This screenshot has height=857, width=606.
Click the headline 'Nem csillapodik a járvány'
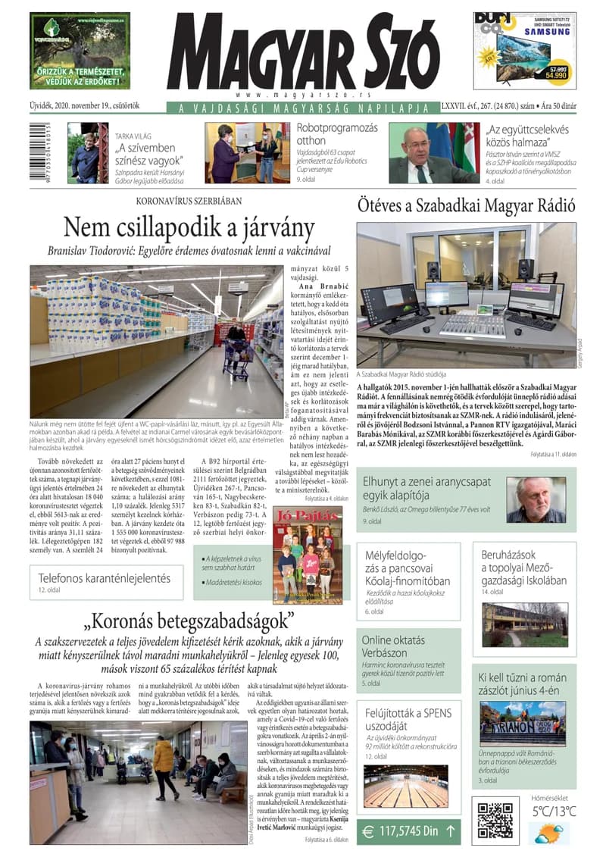click(x=188, y=227)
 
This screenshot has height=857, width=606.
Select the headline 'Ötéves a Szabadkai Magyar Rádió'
click(x=467, y=205)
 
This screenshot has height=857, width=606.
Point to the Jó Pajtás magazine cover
click(x=308, y=555)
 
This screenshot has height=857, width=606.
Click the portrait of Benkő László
click(x=536, y=500)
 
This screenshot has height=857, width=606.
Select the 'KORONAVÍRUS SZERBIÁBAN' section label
click(x=189, y=202)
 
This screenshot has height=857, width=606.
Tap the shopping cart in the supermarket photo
click(x=237, y=350)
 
